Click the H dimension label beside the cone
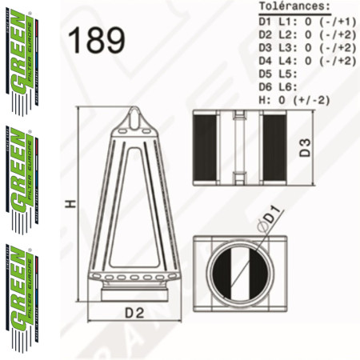coord(70,205)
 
